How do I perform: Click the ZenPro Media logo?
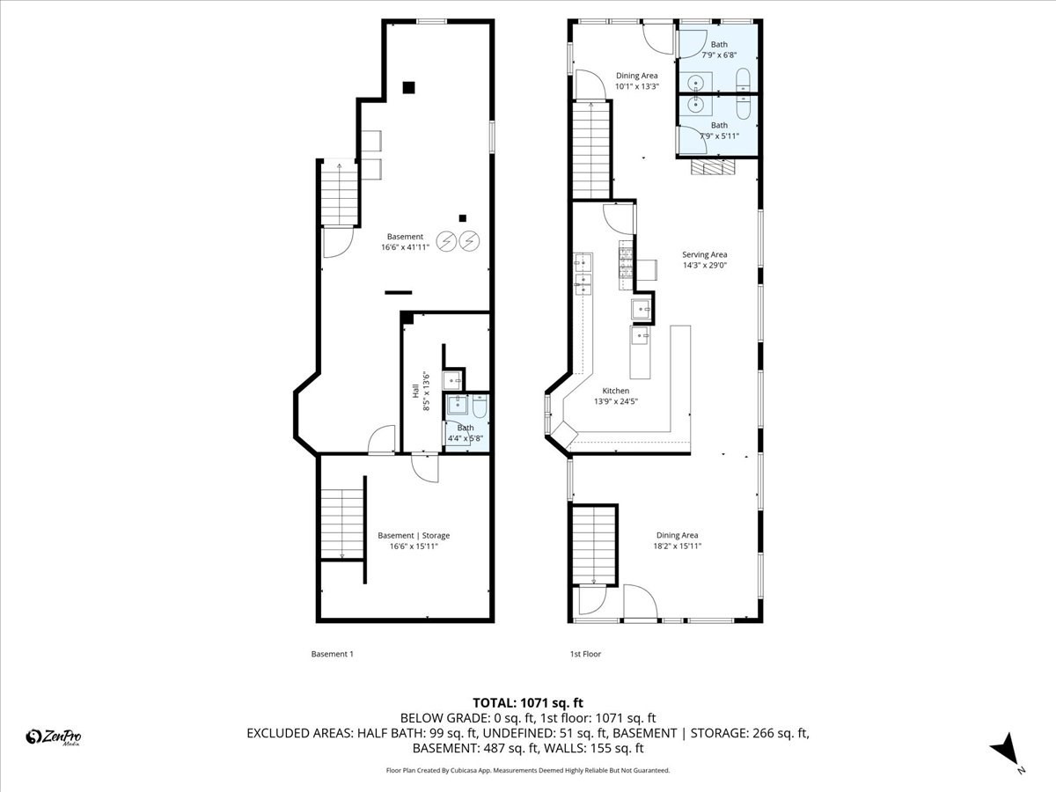coord(54,737)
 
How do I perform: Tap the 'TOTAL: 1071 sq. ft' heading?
coord(528,702)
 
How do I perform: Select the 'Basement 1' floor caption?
coord(332,654)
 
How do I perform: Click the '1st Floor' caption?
coord(585,654)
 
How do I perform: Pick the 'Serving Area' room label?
coord(705,254)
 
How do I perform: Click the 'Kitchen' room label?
coord(615,391)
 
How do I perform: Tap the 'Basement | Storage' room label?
coord(414,535)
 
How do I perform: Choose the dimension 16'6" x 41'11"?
coord(406,247)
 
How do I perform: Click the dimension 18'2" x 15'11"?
coord(677,546)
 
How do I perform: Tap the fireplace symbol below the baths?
coord(712,167)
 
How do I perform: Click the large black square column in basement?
coord(408,87)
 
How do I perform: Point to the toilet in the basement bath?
coord(480,407)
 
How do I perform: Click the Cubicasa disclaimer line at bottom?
coord(528,770)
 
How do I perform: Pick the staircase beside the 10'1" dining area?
coord(590,149)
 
